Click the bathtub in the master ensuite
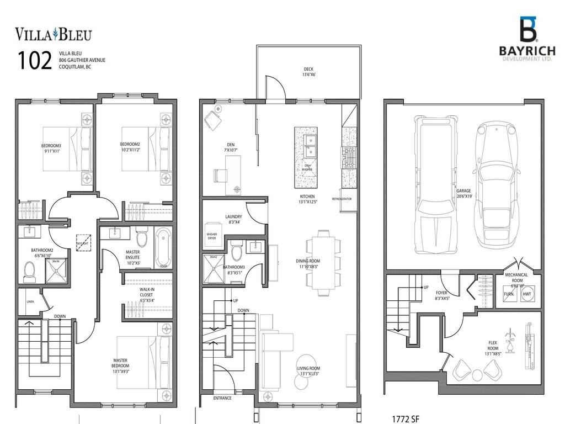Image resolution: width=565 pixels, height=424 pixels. [x=163, y=248]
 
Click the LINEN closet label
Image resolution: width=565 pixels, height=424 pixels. [x=30, y=301]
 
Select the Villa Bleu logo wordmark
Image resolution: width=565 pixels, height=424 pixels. [x=53, y=34]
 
